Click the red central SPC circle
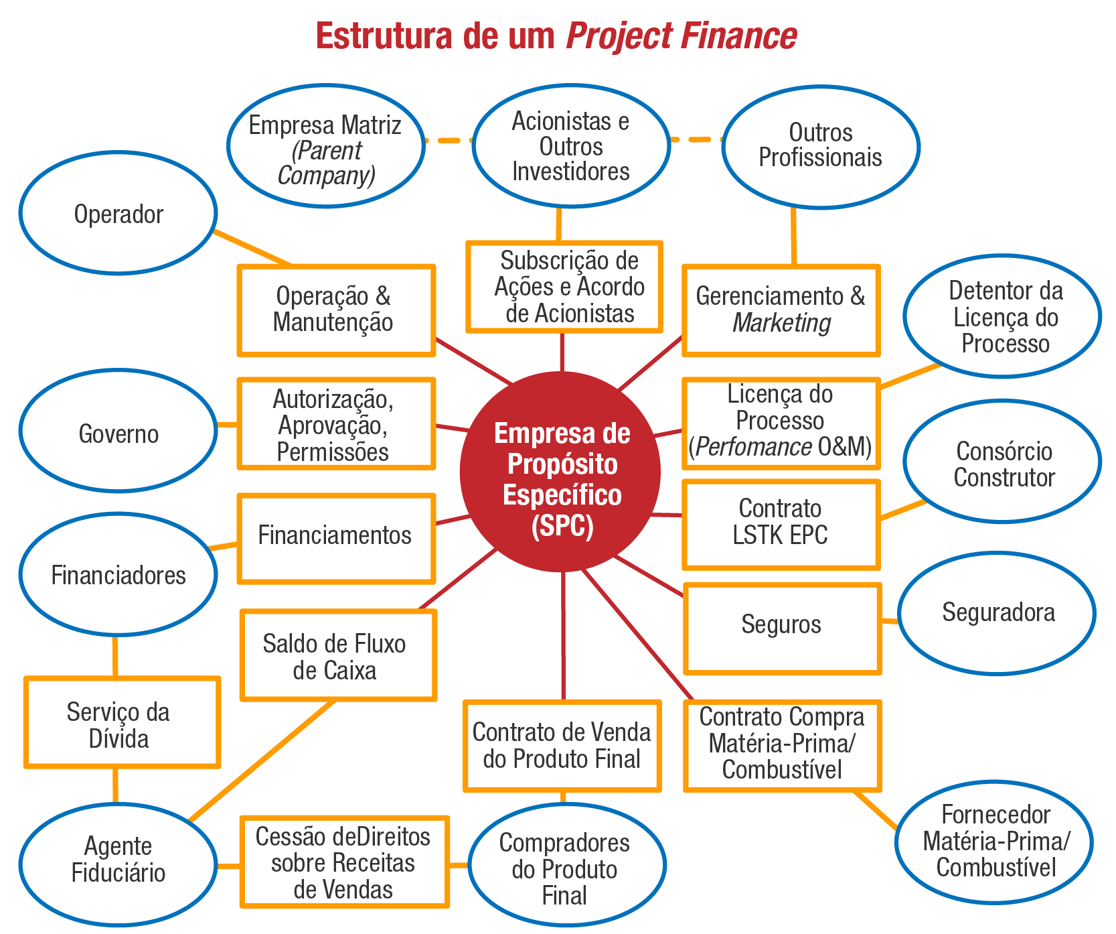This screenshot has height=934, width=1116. click(561, 472)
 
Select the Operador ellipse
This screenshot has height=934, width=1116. click(118, 213)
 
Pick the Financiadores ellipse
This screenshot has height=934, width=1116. click(118, 574)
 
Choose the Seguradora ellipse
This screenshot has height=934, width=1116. click(997, 612)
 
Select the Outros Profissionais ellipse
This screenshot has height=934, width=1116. click(821, 147)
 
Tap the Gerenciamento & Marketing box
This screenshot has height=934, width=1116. click(781, 310)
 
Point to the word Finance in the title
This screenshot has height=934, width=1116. click(738, 36)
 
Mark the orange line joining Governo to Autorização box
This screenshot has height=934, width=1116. click(228, 424)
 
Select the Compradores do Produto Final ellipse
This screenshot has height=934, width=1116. click(566, 864)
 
